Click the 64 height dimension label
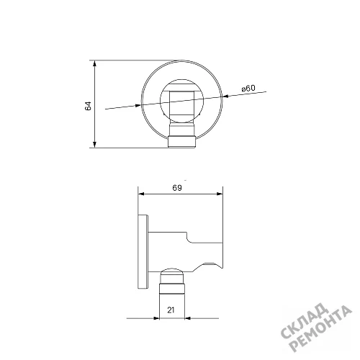[89, 106]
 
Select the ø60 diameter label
[248, 89]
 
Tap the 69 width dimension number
[177, 188]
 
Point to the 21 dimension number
[171, 310]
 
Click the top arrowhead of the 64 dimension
[94, 63]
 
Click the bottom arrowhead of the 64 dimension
[94, 144]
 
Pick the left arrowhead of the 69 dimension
[142, 194]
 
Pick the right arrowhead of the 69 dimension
[220, 194]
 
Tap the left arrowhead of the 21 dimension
[156, 318]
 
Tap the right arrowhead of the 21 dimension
[188, 318]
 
